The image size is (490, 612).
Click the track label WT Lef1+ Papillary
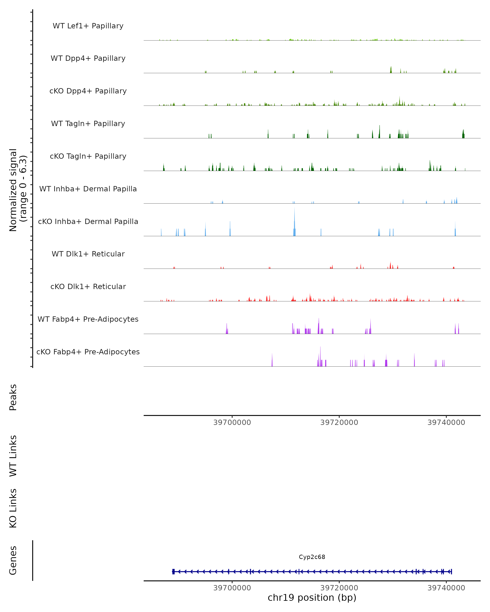tap(88, 26)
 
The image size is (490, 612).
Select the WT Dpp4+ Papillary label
tap(88, 59)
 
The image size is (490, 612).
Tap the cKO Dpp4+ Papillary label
tap(88, 91)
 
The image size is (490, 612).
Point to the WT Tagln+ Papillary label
tap(88, 124)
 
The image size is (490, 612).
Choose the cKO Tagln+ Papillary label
tap(88, 156)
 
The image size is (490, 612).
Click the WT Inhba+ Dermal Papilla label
tap(88, 189)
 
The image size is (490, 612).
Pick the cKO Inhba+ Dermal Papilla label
tap(88, 222)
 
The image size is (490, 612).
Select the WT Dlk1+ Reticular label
tap(88, 254)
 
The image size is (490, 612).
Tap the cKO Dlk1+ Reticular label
tap(88, 287)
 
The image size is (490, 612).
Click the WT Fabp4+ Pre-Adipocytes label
tap(88, 319)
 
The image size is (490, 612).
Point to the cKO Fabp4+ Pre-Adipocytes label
tap(88, 352)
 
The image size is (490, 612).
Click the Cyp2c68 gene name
tap(312, 557)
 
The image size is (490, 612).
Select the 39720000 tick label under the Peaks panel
tap(339, 423)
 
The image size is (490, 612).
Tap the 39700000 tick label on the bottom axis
tap(232, 588)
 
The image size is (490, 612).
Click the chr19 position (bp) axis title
tap(312, 598)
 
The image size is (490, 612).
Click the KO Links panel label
tap(13, 508)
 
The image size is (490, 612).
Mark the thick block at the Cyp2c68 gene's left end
tap(173, 572)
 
